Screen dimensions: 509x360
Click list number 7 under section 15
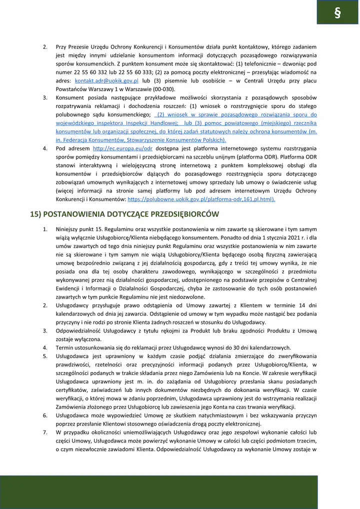[45, 431]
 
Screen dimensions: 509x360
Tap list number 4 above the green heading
[45, 148]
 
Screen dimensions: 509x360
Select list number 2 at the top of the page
[45, 47]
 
